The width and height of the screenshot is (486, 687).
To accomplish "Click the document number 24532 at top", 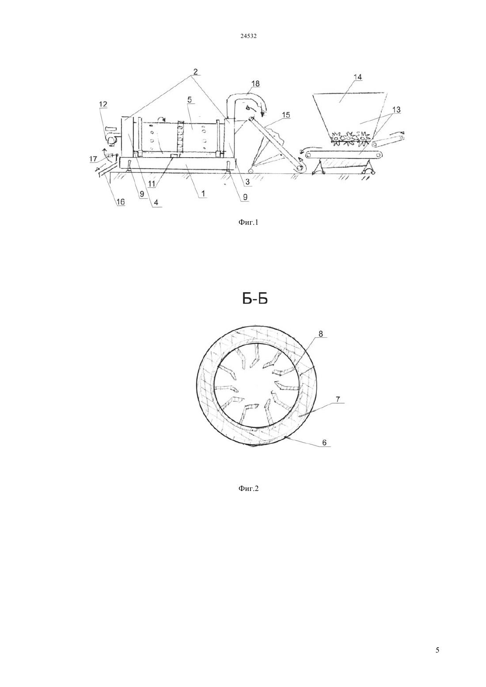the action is (248, 36).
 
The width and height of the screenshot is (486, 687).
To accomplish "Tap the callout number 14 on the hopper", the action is (357, 77).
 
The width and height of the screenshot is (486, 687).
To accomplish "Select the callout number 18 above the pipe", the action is (255, 83).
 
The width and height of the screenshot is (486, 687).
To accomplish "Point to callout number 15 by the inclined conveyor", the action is (286, 115).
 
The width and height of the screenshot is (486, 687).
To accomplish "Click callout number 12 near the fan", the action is (103, 104).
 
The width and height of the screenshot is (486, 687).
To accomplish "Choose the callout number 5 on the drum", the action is (189, 100).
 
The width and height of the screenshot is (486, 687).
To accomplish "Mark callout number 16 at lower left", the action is (121, 201).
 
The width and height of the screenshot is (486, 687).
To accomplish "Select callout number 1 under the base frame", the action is (203, 193).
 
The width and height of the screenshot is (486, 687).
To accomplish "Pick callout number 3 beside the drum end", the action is (247, 182).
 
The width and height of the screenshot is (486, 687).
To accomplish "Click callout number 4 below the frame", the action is (156, 202).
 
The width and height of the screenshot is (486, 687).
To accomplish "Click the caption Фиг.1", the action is (248, 222).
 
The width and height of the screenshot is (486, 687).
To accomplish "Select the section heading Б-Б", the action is (255, 299).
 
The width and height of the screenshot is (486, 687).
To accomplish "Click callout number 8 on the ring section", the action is (321, 334).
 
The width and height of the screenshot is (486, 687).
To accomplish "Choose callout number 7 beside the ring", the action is (338, 399).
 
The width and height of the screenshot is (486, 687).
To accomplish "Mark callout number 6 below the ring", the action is (324, 442).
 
